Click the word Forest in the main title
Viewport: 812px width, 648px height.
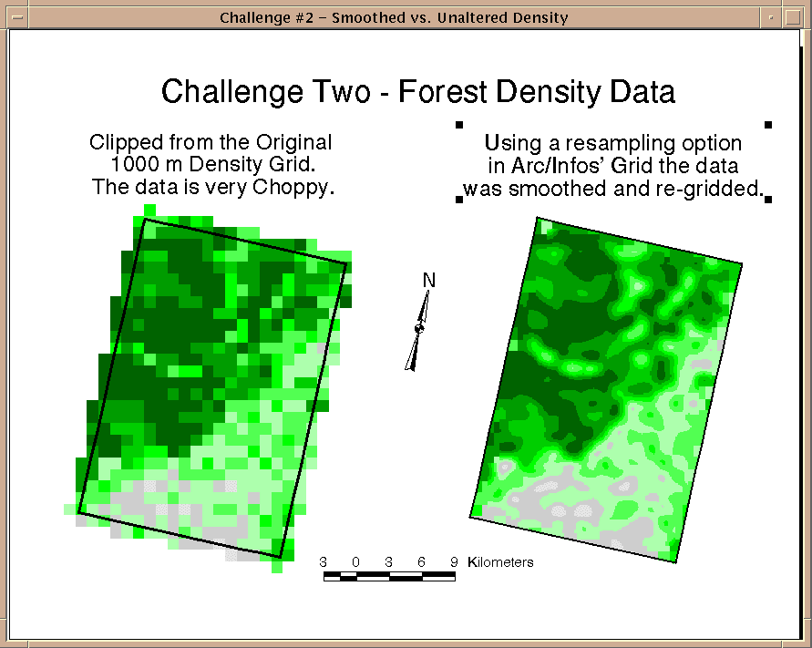443,92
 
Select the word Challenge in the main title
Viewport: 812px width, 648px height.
232,93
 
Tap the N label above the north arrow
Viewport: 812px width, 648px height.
429,280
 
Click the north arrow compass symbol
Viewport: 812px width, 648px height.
418,331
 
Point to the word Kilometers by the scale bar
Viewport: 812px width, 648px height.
500,562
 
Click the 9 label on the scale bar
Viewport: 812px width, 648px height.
454,562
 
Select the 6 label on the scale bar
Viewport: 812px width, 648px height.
422,562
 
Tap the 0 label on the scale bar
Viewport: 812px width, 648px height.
355,562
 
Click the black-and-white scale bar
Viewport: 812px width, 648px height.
389,577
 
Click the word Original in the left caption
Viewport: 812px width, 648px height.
293,143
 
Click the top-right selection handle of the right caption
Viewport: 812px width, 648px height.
768,124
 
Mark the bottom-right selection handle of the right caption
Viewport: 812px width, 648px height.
768,200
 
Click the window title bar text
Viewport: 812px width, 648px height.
394,17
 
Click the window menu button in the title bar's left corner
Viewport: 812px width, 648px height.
17,17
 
